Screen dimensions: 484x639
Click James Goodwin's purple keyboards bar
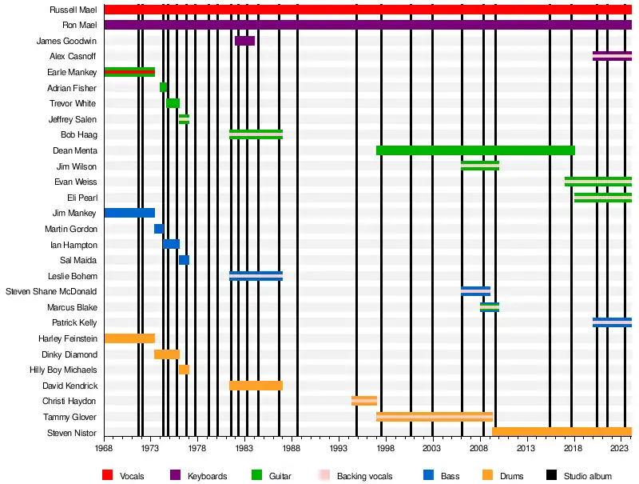coord(244,41)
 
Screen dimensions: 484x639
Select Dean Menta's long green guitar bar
coord(474,150)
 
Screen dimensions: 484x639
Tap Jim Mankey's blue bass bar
coord(129,213)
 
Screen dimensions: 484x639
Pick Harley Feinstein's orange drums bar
coord(129,338)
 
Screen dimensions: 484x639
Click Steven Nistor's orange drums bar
coord(562,432)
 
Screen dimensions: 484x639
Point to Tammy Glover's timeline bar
coord(434,417)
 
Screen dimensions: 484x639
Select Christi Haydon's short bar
coord(363,401)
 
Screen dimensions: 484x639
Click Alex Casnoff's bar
coord(612,56)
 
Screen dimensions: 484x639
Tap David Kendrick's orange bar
coord(256,386)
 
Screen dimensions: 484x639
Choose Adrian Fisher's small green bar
coord(163,87)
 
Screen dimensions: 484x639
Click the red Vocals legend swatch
coord(108,476)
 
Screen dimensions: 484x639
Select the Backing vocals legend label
coord(365,477)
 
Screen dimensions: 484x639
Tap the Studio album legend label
coord(588,477)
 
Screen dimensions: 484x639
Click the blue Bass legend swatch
coord(428,476)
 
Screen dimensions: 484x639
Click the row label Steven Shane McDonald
coord(51,291)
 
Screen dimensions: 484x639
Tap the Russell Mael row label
coord(73,10)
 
